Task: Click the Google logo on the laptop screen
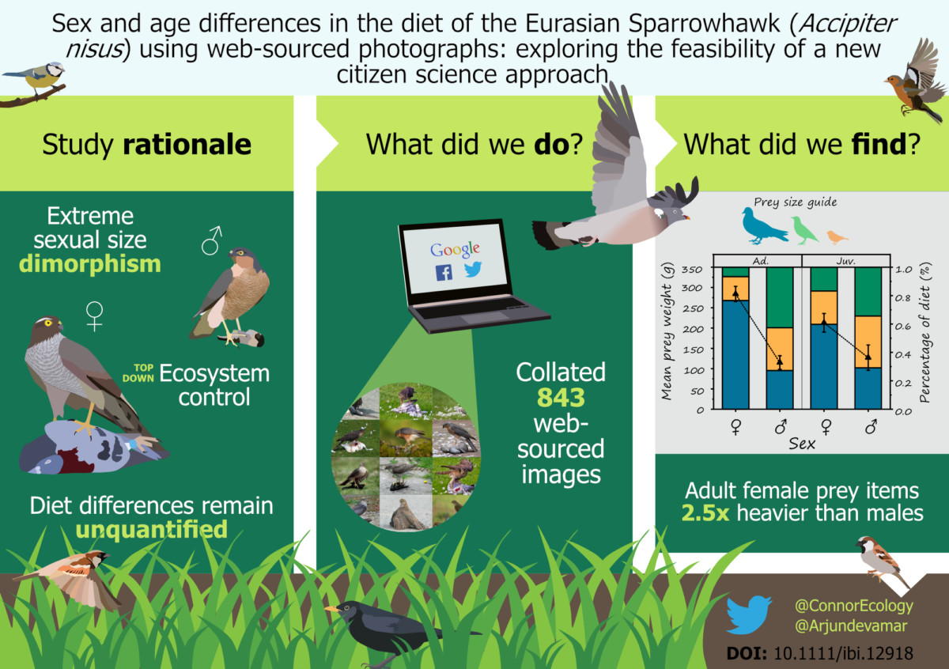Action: pos(455,250)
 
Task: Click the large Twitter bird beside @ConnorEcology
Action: pos(748,614)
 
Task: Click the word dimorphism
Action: pos(89,263)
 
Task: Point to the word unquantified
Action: pos(152,528)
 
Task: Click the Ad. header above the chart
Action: pos(758,259)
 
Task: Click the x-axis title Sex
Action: pos(802,444)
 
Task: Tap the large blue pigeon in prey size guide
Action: pos(763,226)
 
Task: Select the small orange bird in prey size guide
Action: pos(837,236)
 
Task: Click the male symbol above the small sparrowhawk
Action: pos(211,240)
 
